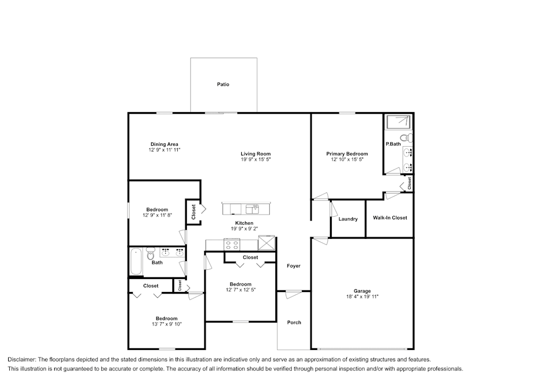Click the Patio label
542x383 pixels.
(223, 85)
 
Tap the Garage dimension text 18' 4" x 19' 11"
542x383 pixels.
(362, 296)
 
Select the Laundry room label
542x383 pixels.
(347, 219)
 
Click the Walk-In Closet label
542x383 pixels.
(390, 218)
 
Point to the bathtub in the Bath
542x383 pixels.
(137, 262)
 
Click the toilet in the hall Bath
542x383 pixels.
(151, 254)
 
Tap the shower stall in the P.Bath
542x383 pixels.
(398, 122)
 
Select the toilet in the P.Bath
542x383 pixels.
(404, 137)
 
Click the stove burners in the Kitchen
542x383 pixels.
(233, 244)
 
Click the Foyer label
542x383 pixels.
(293, 266)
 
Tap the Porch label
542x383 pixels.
(294, 322)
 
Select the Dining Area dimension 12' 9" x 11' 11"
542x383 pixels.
(164, 150)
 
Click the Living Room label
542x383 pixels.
(255, 154)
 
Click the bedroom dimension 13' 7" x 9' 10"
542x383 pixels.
(166, 324)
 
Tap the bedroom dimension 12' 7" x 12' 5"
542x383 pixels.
(240, 290)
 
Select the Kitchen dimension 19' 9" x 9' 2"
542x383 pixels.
(244, 229)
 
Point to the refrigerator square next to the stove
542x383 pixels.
(266, 243)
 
